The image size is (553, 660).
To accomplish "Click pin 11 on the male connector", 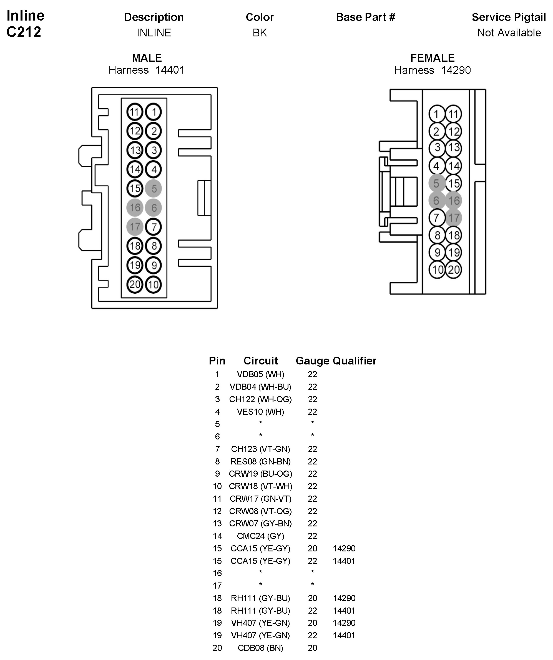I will [x=135, y=112].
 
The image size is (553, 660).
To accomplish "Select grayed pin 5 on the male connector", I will [x=154, y=189].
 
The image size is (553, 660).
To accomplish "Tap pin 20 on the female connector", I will [x=453, y=270].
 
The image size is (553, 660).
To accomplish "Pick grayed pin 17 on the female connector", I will [x=453, y=218].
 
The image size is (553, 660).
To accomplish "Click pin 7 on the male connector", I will [x=154, y=227].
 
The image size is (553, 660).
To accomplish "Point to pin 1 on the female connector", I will [x=436, y=114].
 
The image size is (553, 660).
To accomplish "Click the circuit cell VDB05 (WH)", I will [x=260, y=374].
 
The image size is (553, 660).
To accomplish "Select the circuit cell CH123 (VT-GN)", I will [x=260, y=449].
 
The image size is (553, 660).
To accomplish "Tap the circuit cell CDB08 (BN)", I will [x=260, y=648].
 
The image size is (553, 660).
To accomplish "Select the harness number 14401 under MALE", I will [x=170, y=70].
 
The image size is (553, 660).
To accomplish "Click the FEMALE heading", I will [x=433, y=58].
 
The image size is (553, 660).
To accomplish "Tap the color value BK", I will [x=260, y=33].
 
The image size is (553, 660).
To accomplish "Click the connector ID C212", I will [x=24, y=32].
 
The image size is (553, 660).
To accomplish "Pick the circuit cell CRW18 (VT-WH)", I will [x=260, y=486].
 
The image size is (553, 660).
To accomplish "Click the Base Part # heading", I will [x=366, y=17].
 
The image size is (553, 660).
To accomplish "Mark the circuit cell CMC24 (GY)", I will [x=260, y=536].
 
